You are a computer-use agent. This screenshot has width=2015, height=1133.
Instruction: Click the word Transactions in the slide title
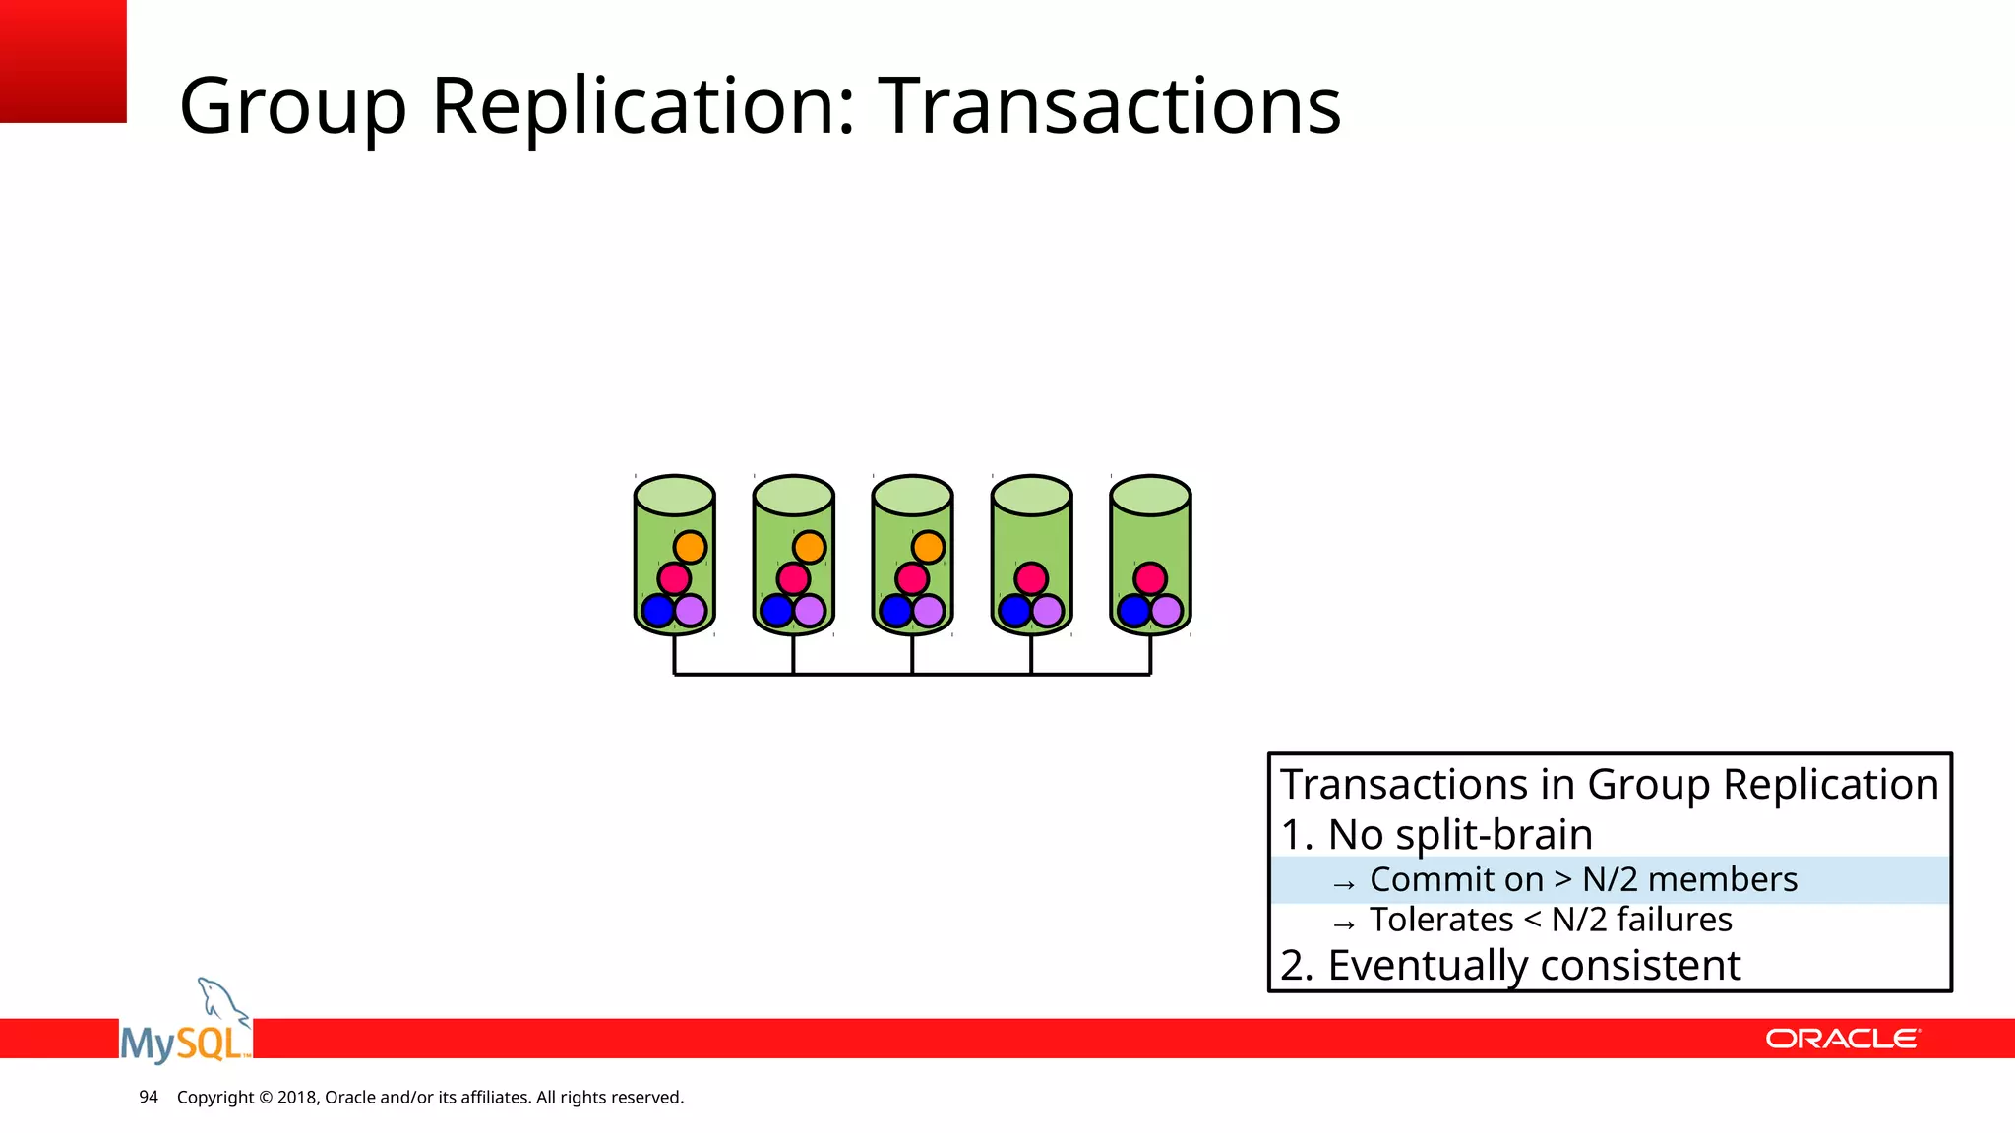click(1109, 105)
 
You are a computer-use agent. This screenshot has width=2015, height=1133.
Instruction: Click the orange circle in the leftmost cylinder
click(690, 547)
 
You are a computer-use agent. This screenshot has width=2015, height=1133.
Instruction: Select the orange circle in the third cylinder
click(928, 547)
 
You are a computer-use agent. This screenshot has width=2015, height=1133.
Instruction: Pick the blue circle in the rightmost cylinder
click(1133, 611)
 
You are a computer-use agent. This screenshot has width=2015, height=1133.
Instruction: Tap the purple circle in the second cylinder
click(810, 611)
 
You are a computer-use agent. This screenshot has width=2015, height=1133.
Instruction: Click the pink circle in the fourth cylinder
click(1031, 578)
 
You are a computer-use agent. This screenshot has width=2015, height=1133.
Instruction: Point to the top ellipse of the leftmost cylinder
click(674, 496)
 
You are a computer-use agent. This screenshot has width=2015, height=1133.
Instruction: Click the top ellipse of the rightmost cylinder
click(1150, 496)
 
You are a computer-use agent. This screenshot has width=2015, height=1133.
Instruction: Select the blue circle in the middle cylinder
click(895, 611)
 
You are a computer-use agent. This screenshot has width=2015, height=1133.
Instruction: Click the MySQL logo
click(186, 1028)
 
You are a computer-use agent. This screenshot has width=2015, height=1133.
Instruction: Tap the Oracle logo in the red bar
click(1842, 1039)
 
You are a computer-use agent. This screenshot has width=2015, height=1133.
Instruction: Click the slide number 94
click(149, 1097)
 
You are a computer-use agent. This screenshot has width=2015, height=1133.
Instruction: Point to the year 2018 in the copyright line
click(296, 1097)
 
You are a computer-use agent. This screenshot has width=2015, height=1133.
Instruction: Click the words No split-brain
click(1459, 834)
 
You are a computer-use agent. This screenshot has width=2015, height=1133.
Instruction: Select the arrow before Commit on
click(1344, 884)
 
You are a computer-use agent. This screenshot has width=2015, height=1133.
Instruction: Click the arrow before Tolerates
click(1344, 924)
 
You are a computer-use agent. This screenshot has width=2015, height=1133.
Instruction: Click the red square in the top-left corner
click(63, 61)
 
